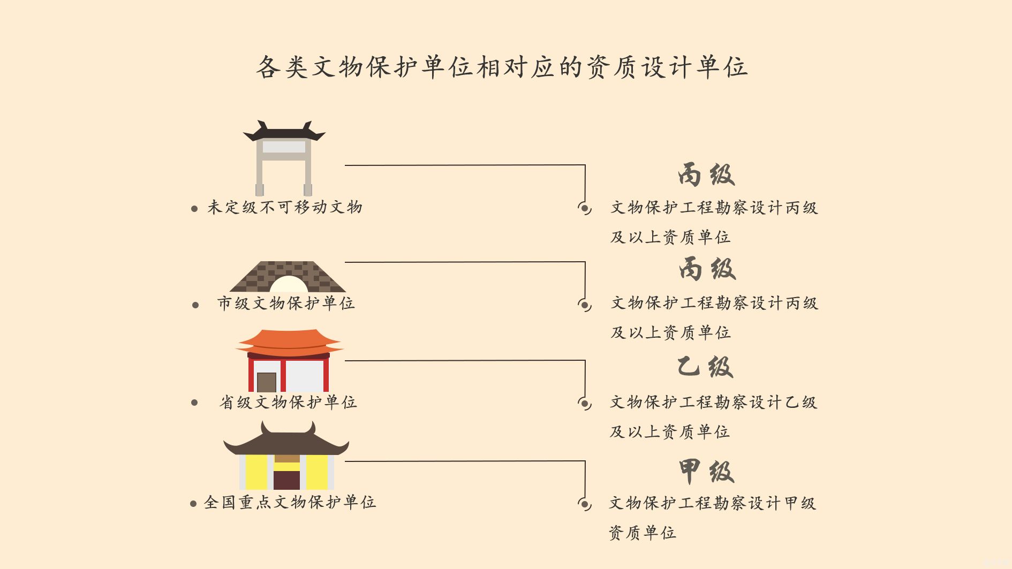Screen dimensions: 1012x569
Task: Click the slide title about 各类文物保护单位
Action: tap(502, 67)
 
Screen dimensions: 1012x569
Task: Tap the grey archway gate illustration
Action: tap(284, 158)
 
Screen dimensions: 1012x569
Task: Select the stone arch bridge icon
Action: tap(288, 277)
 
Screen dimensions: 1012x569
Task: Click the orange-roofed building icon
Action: tap(289, 360)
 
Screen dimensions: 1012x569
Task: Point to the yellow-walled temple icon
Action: tap(286, 455)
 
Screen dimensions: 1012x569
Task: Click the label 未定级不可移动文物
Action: tap(285, 207)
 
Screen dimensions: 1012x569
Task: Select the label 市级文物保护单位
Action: tap(286, 304)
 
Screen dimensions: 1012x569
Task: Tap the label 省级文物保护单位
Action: tap(288, 402)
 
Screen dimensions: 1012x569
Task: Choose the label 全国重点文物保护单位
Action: tap(290, 502)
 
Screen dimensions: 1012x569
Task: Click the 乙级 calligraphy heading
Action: tap(705, 367)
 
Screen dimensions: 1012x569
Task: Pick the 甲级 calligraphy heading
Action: tap(706, 471)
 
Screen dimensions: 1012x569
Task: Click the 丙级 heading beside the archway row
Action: tap(706, 174)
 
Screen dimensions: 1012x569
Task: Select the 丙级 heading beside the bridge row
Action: tap(707, 268)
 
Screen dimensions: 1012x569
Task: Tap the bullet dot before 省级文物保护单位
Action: tap(194, 403)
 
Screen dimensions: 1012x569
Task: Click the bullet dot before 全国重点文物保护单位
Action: tap(193, 504)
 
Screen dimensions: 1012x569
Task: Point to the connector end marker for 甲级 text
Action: tap(585, 504)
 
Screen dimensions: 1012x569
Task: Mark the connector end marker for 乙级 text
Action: tap(585, 403)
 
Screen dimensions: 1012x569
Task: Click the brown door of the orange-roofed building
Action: tap(267, 382)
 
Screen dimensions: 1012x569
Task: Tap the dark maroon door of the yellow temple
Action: tap(287, 480)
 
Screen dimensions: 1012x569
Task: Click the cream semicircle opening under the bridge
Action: tap(289, 284)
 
